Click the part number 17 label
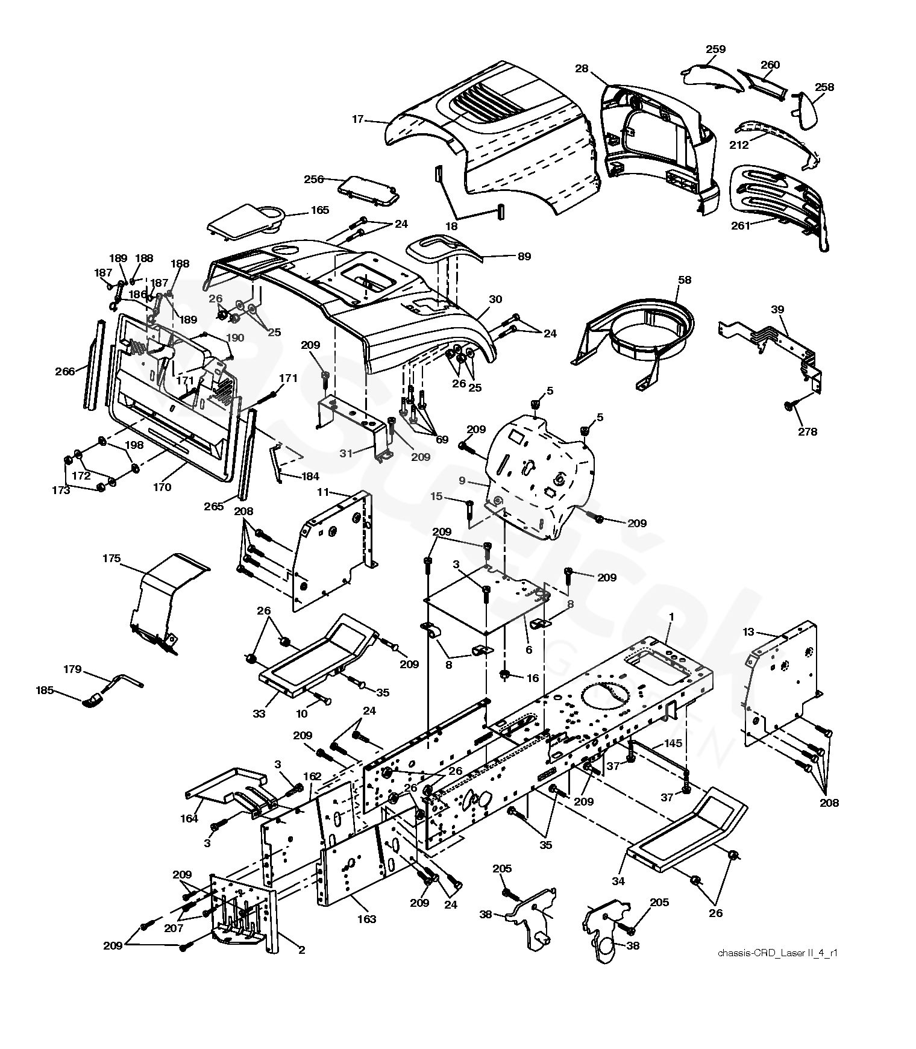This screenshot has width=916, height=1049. pyautogui.click(x=358, y=119)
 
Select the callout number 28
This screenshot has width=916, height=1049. pyautogui.click(x=582, y=69)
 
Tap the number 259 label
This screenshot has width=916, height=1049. pyautogui.click(x=715, y=49)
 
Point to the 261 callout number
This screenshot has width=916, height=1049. pyautogui.click(x=741, y=226)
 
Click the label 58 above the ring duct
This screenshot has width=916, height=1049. pyautogui.click(x=685, y=280)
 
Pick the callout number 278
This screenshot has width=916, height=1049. pyautogui.click(x=808, y=431)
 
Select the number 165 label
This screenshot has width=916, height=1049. pyautogui.click(x=320, y=210)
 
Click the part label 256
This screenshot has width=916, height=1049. pyautogui.click(x=314, y=179)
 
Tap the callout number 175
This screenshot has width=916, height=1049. pyautogui.click(x=110, y=559)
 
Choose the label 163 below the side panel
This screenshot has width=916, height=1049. pyautogui.click(x=366, y=919)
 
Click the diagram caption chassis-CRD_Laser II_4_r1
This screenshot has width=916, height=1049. pyautogui.click(x=778, y=953)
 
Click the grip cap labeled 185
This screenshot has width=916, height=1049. pyautogui.click(x=93, y=701)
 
